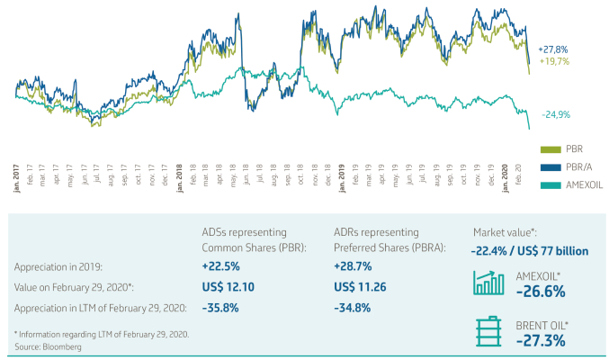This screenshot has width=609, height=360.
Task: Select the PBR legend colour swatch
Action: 550,148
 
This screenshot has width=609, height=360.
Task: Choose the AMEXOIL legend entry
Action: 584,184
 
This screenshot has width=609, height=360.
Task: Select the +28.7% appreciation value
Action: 353,267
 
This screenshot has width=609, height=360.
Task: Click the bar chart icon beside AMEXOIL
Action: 488,283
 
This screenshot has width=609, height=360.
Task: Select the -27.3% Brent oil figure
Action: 541,341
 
